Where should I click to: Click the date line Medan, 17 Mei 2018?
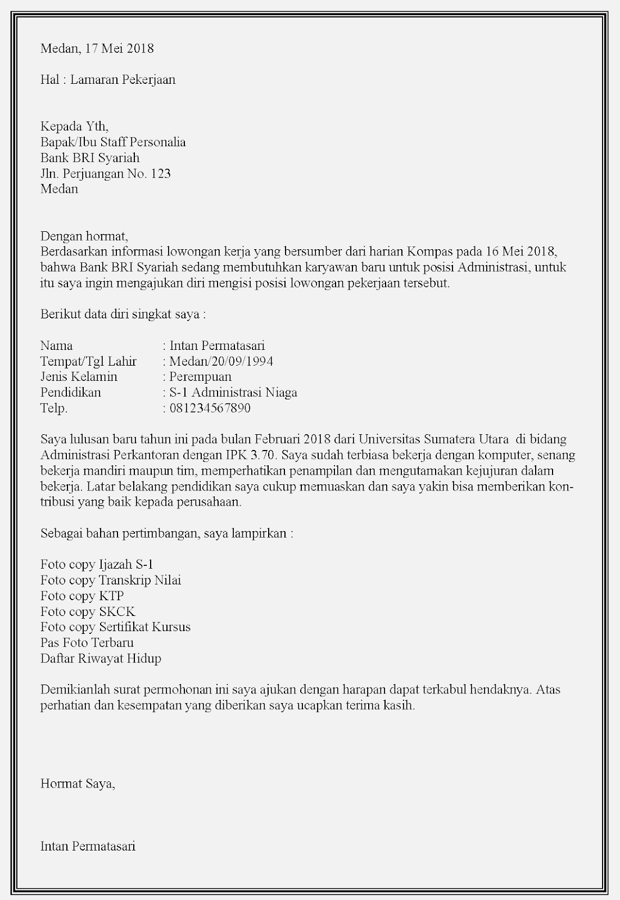pyautogui.click(x=97, y=48)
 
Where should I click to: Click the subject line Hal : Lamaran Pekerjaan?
pyautogui.click(x=108, y=79)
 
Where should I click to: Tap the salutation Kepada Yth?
pyautogui.click(x=74, y=126)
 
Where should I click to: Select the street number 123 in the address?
pyautogui.click(x=161, y=173)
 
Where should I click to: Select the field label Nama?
pyautogui.click(x=56, y=345)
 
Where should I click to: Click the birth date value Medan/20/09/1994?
pyautogui.click(x=221, y=361)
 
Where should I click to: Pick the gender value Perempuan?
pyautogui.click(x=200, y=377)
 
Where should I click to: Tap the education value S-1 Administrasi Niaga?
pyautogui.click(x=233, y=393)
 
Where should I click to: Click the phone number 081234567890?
pyautogui.click(x=210, y=408)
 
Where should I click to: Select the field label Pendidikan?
pyautogui.click(x=71, y=393)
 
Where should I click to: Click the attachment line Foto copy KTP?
pyautogui.click(x=82, y=596)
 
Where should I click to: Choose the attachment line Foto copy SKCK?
pyautogui.click(x=88, y=611)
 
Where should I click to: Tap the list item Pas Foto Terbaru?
pyautogui.click(x=87, y=642)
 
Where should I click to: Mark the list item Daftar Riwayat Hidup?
pyautogui.click(x=101, y=658)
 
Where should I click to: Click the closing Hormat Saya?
pyautogui.click(x=78, y=783)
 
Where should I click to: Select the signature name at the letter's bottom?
pyautogui.click(x=88, y=846)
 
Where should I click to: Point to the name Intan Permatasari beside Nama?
pyautogui.click(x=217, y=345)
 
